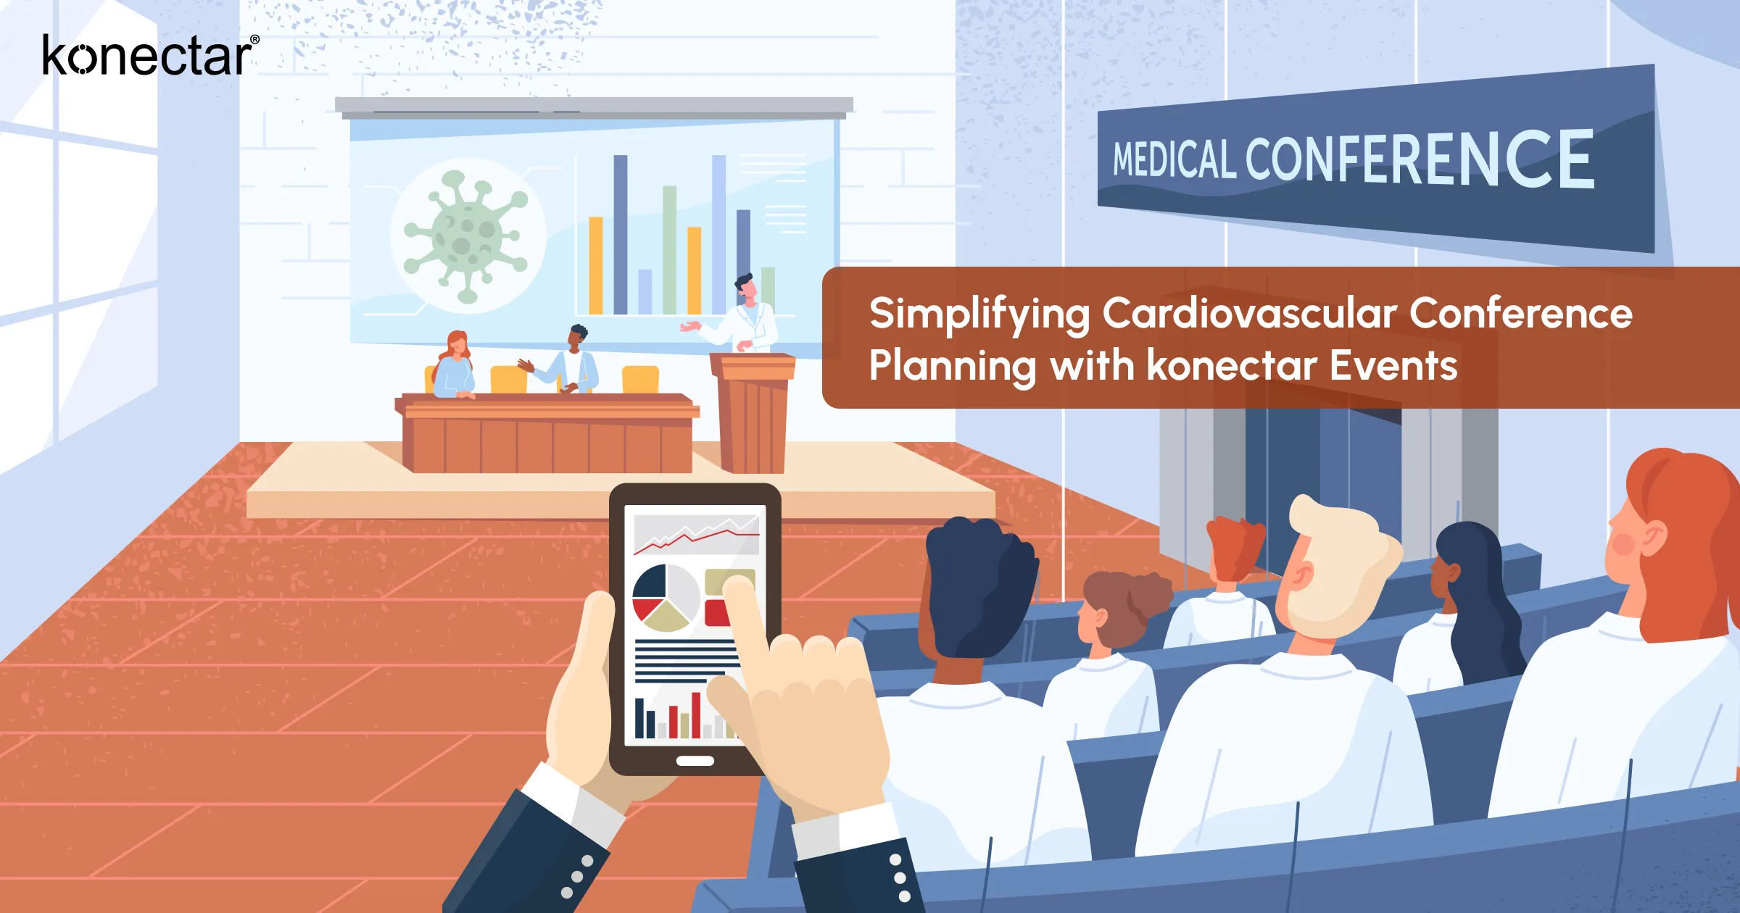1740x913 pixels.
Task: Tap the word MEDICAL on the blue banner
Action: pos(1174,159)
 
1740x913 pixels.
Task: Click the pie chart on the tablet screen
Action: pos(665,598)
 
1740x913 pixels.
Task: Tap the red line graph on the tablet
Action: pos(696,536)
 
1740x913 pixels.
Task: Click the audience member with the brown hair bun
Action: pos(1120,609)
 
